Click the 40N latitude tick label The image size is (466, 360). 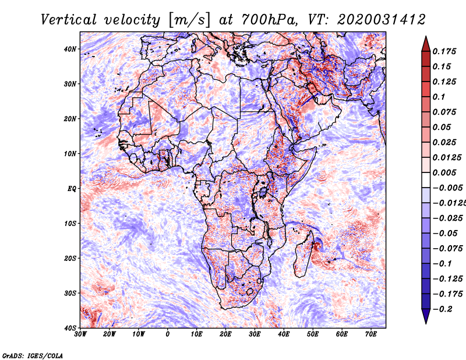70,49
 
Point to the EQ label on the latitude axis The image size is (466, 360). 72,189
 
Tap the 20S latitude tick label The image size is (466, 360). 70,258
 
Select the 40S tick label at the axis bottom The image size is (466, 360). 70,328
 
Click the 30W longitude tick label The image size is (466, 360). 80,334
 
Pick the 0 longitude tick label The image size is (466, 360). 168,334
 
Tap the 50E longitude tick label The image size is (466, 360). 313,334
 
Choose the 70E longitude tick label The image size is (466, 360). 371,334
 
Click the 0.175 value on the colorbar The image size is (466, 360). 444,51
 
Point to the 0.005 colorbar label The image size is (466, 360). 444,172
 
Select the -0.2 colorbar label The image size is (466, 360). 443,309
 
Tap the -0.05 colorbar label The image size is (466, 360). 445,234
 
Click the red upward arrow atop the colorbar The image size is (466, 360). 426,45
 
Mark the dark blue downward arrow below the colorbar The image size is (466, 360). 426,315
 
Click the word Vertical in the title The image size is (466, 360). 69,20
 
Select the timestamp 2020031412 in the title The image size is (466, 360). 382,20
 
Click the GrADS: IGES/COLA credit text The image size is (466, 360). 33,356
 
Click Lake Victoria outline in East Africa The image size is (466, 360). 263,192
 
